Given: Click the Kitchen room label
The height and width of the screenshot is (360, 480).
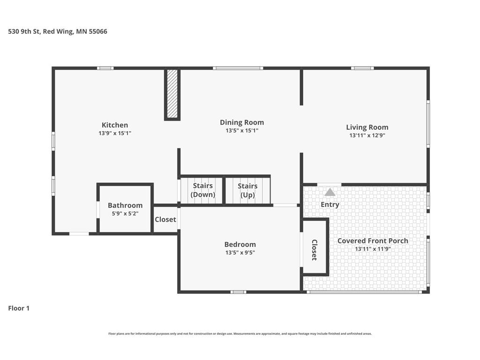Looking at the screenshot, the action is click(x=115, y=125).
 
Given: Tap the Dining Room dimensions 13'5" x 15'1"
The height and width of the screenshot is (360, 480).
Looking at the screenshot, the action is click(x=242, y=130).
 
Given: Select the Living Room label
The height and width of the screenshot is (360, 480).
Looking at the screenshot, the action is click(x=367, y=127).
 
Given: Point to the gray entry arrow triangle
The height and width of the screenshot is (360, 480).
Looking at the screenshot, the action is click(x=330, y=192).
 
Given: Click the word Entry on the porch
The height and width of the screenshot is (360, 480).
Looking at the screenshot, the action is click(x=330, y=204).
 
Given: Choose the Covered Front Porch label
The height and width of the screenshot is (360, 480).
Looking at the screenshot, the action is click(x=373, y=240).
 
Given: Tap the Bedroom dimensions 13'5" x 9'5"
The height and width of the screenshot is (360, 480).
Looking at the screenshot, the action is click(x=240, y=253).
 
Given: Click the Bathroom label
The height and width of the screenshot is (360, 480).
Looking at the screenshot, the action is click(x=125, y=205).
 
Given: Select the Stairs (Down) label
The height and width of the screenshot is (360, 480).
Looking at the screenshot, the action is click(x=202, y=190).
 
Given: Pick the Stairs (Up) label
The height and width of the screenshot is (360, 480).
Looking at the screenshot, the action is click(x=247, y=190).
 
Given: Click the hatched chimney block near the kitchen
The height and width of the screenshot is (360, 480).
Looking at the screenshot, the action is click(x=172, y=94).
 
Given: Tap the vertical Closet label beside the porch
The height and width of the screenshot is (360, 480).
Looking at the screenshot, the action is click(x=315, y=250).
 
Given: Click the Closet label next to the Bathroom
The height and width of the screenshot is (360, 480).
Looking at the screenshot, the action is click(x=165, y=219).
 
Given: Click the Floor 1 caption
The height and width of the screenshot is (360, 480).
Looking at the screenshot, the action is click(x=19, y=308).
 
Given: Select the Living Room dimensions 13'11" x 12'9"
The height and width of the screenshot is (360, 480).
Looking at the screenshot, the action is click(x=367, y=135).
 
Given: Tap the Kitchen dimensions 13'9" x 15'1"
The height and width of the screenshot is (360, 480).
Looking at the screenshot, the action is click(x=115, y=133).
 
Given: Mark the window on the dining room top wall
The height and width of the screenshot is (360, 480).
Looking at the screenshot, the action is click(x=238, y=68).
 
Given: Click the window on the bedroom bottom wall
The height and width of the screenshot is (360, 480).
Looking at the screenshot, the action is click(x=239, y=292).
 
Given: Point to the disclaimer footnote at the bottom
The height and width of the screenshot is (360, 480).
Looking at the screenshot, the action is click(x=240, y=334).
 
